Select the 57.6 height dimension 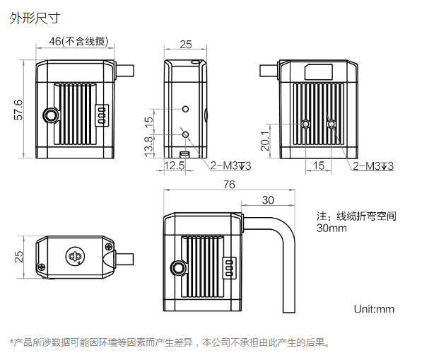[18, 110]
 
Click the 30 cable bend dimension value [267, 200]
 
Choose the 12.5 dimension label [174, 166]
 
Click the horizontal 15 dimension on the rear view [318, 166]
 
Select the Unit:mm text [374, 309]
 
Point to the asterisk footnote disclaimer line [170, 343]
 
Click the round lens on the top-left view [51, 116]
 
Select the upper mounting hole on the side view [185, 110]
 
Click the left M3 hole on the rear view [305, 125]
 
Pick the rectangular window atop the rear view [318, 70]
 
